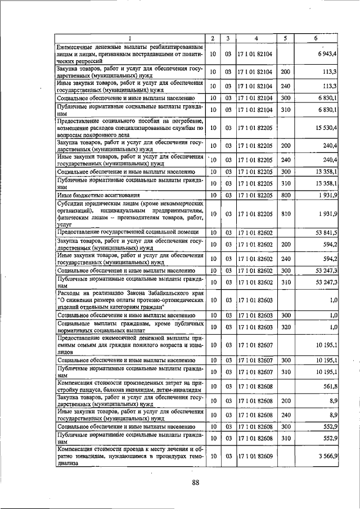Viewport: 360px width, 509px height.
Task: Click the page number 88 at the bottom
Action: tap(196, 482)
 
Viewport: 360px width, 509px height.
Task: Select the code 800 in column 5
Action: tap(285, 195)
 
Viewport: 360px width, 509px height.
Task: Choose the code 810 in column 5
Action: tap(285, 214)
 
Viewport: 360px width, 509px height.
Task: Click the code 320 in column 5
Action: tap(285, 327)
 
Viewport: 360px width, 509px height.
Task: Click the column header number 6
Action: tap(316, 38)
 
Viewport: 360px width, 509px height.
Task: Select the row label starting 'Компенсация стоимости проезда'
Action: tap(129, 454)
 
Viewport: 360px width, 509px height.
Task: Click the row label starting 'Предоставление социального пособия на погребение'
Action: tap(129, 128)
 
